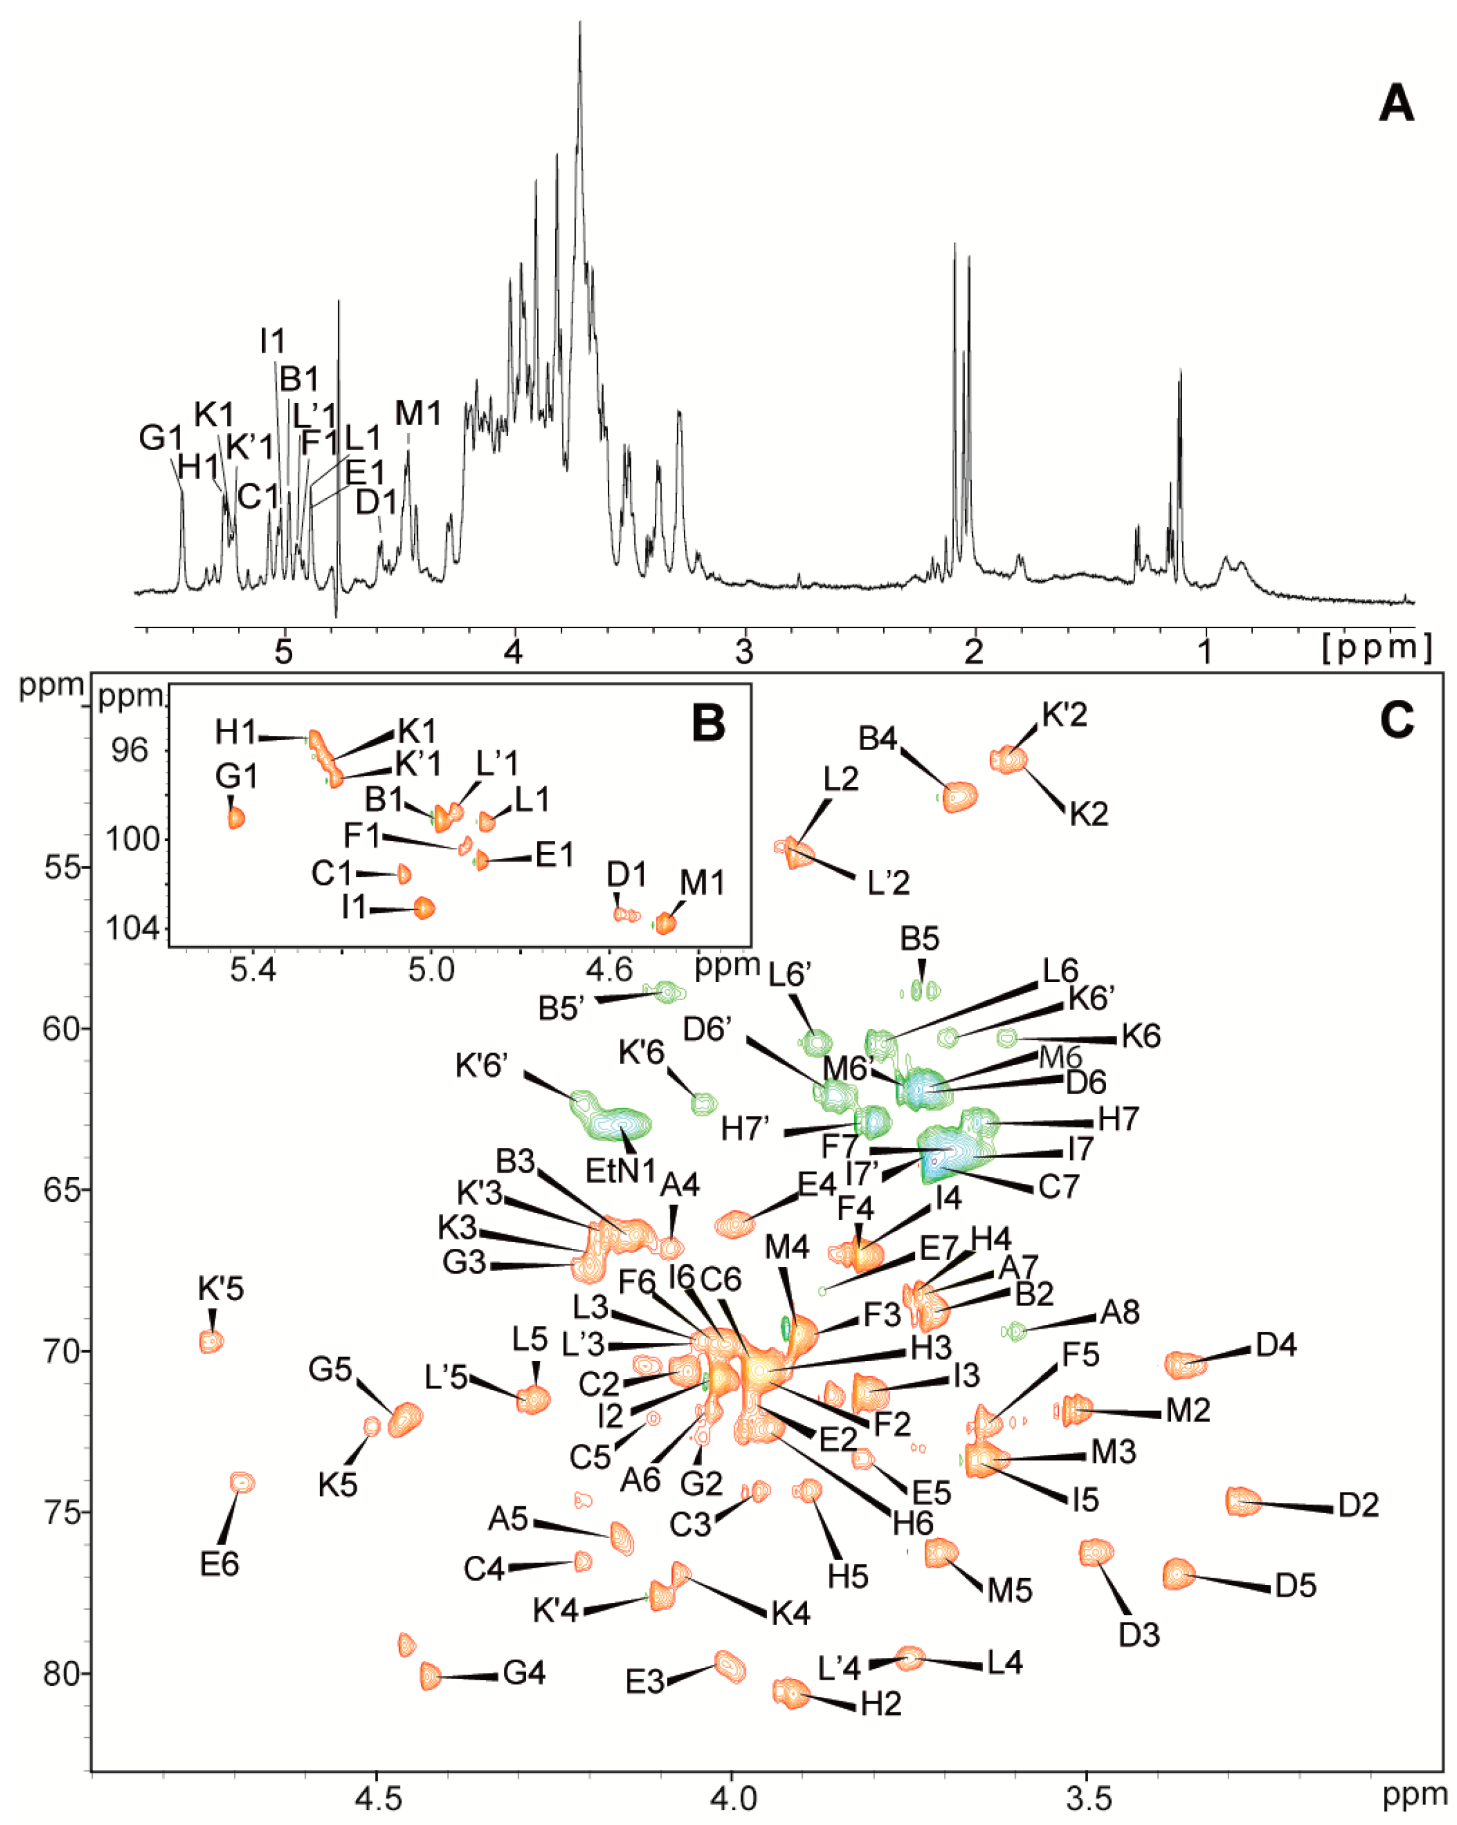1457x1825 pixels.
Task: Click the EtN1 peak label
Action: coord(621,1171)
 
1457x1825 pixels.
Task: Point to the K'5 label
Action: coord(221,1288)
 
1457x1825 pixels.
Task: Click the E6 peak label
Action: coord(219,1563)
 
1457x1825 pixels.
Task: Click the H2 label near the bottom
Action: coord(881,1704)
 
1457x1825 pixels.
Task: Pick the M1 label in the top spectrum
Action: coord(418,413)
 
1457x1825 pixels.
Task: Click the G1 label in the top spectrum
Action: coord(161,439)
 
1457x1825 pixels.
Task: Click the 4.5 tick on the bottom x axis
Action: coord(377,1795)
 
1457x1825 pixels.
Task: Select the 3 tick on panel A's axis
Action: coord(744,654)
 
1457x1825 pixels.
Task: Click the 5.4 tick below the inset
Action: coord(253,969)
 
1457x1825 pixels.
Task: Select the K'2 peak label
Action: coord(1064,715)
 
